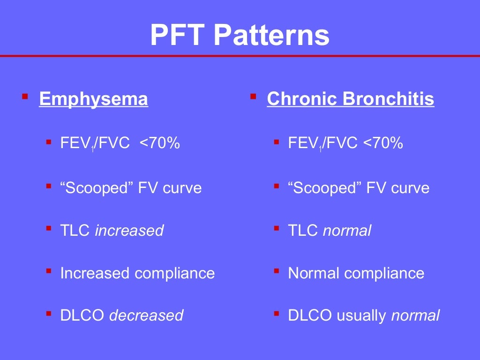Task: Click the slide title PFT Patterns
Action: pyautogui.click(x=240, y=35)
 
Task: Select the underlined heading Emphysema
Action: pyautogui.click(x=94, y=99)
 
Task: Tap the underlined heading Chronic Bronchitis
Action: pyautogui.click(x=350, y=99)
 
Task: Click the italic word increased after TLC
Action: pyautogui.click(x=129, y=231)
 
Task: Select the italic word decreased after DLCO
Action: pyautogui.click(x=146, y=315)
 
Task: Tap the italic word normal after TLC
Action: pyautogui.click(x=347, y=231)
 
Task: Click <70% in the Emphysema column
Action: pyautogui.click(x=160, y=143)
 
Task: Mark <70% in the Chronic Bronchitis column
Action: pyautogui.click(x=383, y=143)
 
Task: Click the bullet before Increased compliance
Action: pyautogui.click(x=49, y=271)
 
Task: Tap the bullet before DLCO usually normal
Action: pyautogui.click(x=277, y=313)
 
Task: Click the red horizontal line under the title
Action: pyautogui.click(x=240, y=56)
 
